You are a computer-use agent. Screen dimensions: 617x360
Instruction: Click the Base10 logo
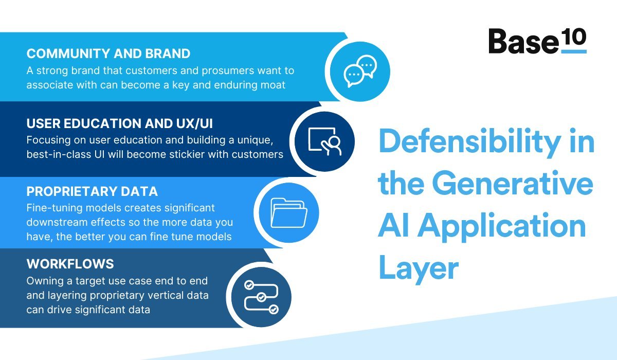pyautogui.click(x=537, y=41)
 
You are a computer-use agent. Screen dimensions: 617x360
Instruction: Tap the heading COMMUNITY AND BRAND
pyautogui.click(x=108, y=53)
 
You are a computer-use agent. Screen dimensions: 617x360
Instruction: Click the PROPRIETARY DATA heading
pyautogui.click(x=92, y=192)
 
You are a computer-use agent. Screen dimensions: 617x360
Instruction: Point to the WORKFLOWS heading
pyautogui.click(x=70, y=264)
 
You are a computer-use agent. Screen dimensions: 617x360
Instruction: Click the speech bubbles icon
pyautogui.click(x=360, y=70)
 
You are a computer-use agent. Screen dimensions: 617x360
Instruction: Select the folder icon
pyautogui.click(x=288, y=212)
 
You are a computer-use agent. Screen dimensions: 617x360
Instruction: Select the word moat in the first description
pyautogui.click(x=273, y=85)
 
